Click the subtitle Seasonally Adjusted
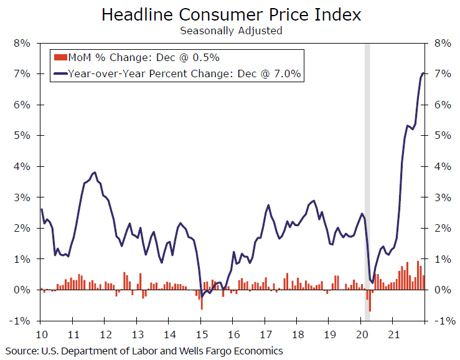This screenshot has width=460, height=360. [x=231, y=30]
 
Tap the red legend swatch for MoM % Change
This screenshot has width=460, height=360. [x=60, y=58]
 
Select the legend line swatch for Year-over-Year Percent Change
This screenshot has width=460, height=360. [x=60, y=74]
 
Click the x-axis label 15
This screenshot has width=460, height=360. [x=200, y=333]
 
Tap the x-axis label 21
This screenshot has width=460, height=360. [x=393, y=333]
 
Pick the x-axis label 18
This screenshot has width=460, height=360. [x=297, y=333]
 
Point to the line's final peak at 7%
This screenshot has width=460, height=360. [x=423, y=73]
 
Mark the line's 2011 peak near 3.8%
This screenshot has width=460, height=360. [x=94, y=173]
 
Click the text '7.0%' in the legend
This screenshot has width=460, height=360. [x=288, y=74]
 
